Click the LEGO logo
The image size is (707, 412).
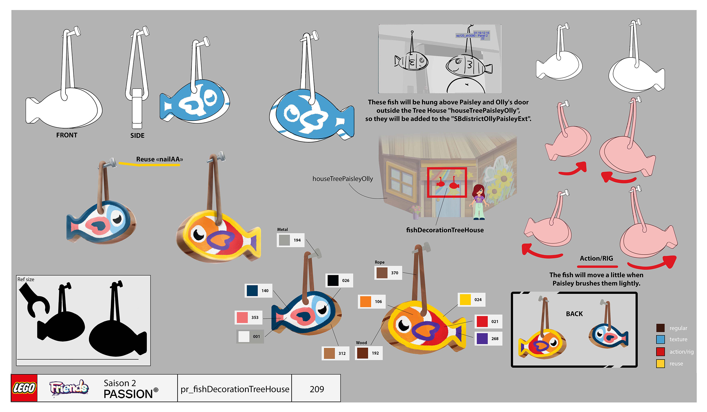[x=24, y=388]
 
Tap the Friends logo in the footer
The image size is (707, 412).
[x=69, y=388]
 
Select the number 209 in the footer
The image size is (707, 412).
[x=316, y=389]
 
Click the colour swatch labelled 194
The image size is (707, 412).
[x=284, y=240]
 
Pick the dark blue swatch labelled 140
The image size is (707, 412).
[x=252, y=290]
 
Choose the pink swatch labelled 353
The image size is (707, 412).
[x=242, y=317]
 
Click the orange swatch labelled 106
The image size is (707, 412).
[x=365, y=301]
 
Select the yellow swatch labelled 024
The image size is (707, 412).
[x=465, y=300]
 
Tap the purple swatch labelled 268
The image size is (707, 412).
[x=482, y=338]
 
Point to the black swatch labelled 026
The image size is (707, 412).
[x=333, y=280]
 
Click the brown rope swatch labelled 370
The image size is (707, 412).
[x=382, y=273]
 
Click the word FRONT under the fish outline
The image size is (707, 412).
[x=67, y=135]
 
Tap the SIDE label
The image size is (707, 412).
[x=137, y=136]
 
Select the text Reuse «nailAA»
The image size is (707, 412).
[x=159, y=159]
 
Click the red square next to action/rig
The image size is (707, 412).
[x=660, y=351]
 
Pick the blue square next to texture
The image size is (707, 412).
[x=660, y=339]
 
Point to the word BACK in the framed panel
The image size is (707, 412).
[x=574, y=314]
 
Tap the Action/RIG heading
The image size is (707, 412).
[x=596, y=258]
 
